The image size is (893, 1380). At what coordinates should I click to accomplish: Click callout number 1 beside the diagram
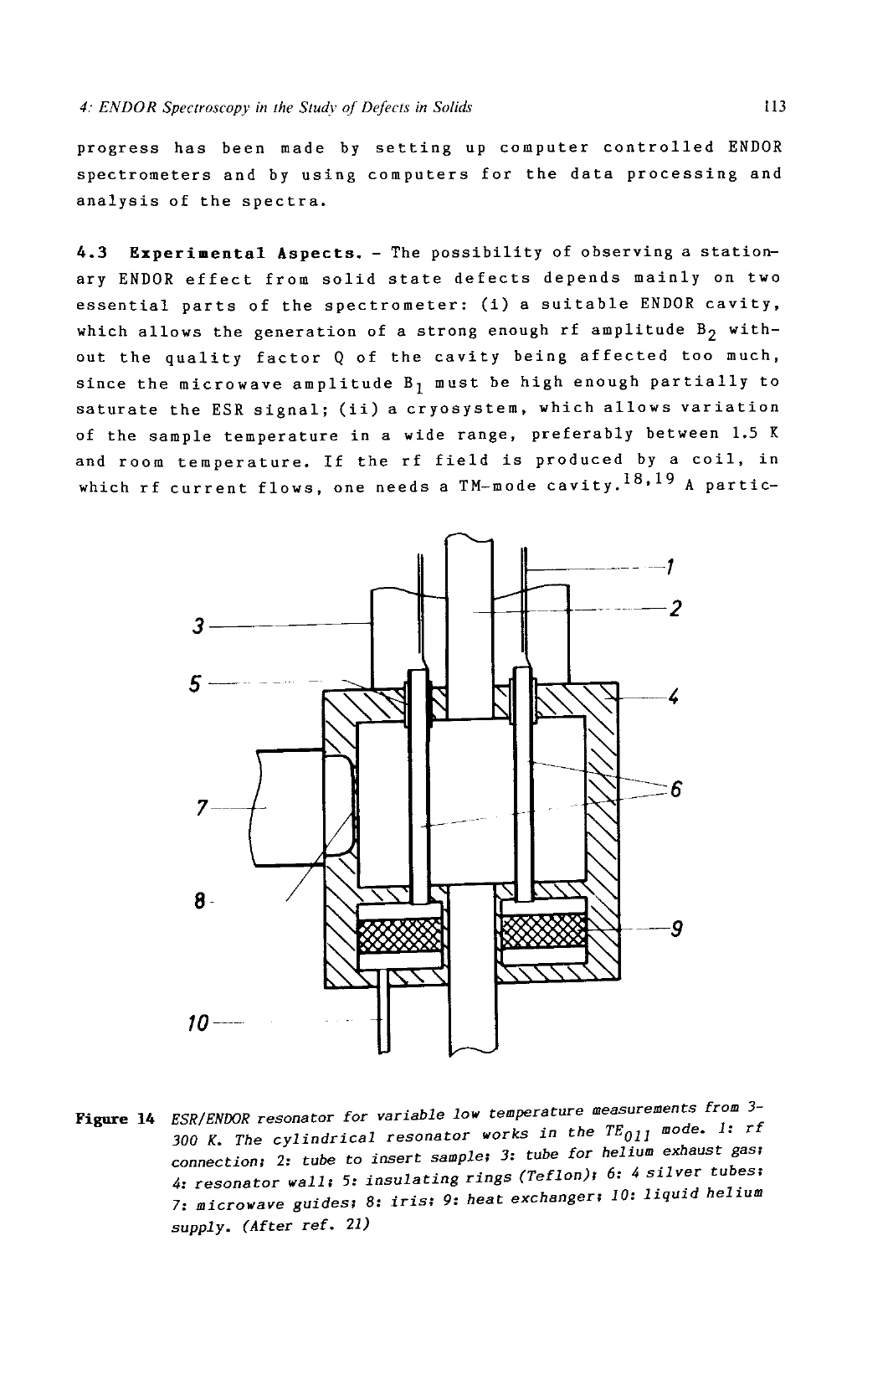670,566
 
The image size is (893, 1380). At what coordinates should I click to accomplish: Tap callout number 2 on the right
675,609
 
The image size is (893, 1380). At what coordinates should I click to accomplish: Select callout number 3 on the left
198,626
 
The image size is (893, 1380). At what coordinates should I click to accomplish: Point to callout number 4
673,698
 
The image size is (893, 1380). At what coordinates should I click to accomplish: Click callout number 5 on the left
195,684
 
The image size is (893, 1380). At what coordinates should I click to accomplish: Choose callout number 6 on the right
675,789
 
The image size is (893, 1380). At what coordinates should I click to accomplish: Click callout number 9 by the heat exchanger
676,928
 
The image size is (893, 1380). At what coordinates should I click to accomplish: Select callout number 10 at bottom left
199,1024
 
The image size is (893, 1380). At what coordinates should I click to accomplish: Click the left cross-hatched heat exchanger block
400,935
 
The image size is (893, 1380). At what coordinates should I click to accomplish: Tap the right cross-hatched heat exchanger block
544,931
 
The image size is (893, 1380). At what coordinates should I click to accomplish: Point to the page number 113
774,106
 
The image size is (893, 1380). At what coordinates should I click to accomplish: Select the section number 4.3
92,253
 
